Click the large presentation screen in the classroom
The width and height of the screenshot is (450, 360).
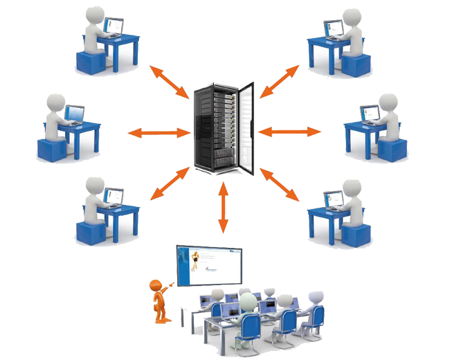(208, 267)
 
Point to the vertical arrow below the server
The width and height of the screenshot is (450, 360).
(223, 206)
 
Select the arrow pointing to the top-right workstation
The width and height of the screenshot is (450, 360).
(280, 80)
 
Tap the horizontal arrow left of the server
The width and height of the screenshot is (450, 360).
(158, 132)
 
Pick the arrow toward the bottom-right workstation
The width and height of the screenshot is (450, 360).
(280, 183)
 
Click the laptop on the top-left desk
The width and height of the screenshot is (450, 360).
(112, 27)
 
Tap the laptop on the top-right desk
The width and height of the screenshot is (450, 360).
(334, 28)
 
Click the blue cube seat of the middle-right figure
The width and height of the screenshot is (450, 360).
(391, 150)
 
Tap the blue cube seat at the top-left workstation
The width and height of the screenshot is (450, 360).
(90, 62)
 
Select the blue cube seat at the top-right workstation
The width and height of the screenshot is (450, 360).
(355, 65)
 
